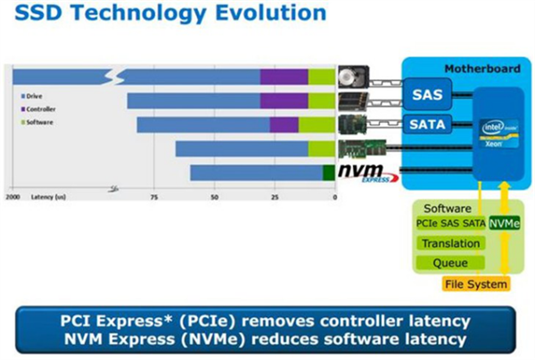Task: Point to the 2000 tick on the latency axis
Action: (x=12, y=196)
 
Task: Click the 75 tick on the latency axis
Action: (x=153, y=196)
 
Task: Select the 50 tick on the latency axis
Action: (x=214, y=196)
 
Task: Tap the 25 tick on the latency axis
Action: (x=274, y=196)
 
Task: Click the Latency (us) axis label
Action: (x=47, y=196)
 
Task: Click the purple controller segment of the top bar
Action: (x=284, y=77)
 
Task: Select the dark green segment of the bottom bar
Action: (x=328, y=172)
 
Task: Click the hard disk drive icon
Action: (x=350, y=77)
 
